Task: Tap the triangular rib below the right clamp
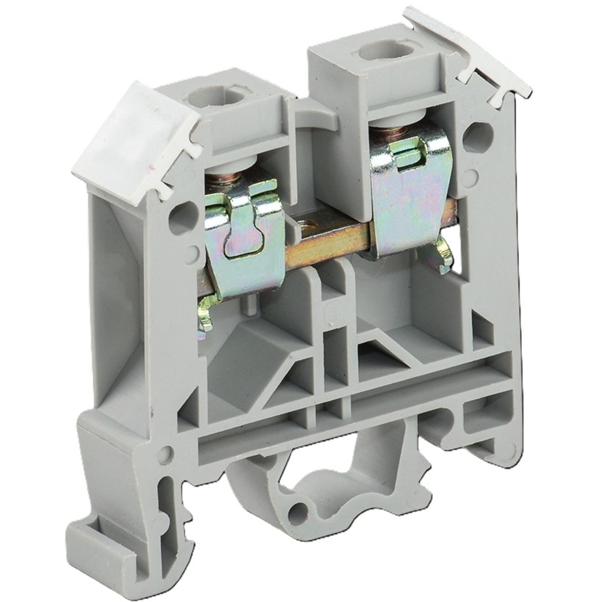(x=385, y=352)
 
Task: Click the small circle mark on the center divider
(x=329, y=314)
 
